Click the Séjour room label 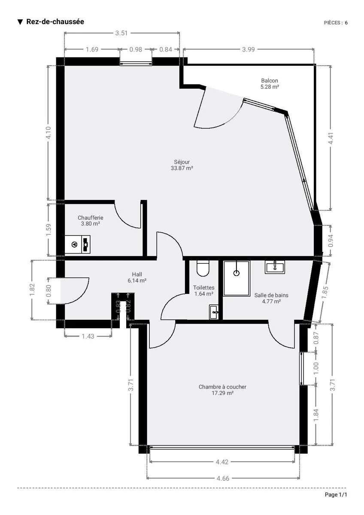(x=182, y=165)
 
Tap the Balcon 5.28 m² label (x=270, y=84)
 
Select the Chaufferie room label (x=91, y=221)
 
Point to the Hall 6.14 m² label (x=137, y=277)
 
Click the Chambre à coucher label (x=222, y=390)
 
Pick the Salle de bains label (x=271, y=298)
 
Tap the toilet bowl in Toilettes (x=203, y=268)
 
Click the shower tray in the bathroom (x=237, y=278)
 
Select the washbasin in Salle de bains (x=275, y=267)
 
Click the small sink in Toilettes (x=214, y=312)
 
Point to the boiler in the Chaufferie (x=78, y=244)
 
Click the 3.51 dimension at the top (x=121, y=33)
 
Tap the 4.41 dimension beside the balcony (x=331, y=138)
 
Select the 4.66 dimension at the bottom (x=223, y=479)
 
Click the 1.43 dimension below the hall (x=88, y=336)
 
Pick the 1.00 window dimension (x=316, y=368)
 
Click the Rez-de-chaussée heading (x=55, y=21)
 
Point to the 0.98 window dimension (x=136, y=49)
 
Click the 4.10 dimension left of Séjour (x=49, y=133)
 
